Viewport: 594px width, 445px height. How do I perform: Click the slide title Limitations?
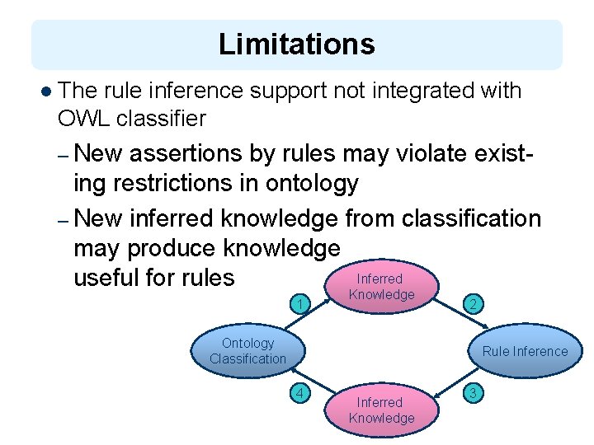click(296, 44)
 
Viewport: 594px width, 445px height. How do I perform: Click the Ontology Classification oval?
click(247, 350)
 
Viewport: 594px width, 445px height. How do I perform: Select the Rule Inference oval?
click(525, 351)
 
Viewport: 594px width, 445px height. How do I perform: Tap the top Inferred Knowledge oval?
click(381, 287)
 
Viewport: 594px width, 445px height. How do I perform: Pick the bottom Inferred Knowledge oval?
click(381, 410)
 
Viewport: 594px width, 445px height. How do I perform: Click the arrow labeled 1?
click(303, 305)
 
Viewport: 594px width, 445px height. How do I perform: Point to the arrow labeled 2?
click(473, 304)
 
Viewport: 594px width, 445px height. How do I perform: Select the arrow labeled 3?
click(473, 391)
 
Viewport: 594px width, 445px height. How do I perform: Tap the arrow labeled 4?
click(303, 392)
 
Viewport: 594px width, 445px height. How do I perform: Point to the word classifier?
click(162, 119)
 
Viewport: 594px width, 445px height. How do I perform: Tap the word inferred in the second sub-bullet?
click(172, 218)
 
